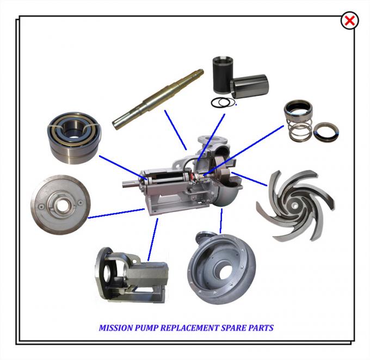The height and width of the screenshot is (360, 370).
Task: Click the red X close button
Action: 349,21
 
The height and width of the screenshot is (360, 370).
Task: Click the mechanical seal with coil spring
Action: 298,122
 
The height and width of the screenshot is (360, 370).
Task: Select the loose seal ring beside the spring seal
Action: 326,131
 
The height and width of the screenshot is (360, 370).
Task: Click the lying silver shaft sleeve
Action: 249,87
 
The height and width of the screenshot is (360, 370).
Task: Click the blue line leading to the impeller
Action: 250,179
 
